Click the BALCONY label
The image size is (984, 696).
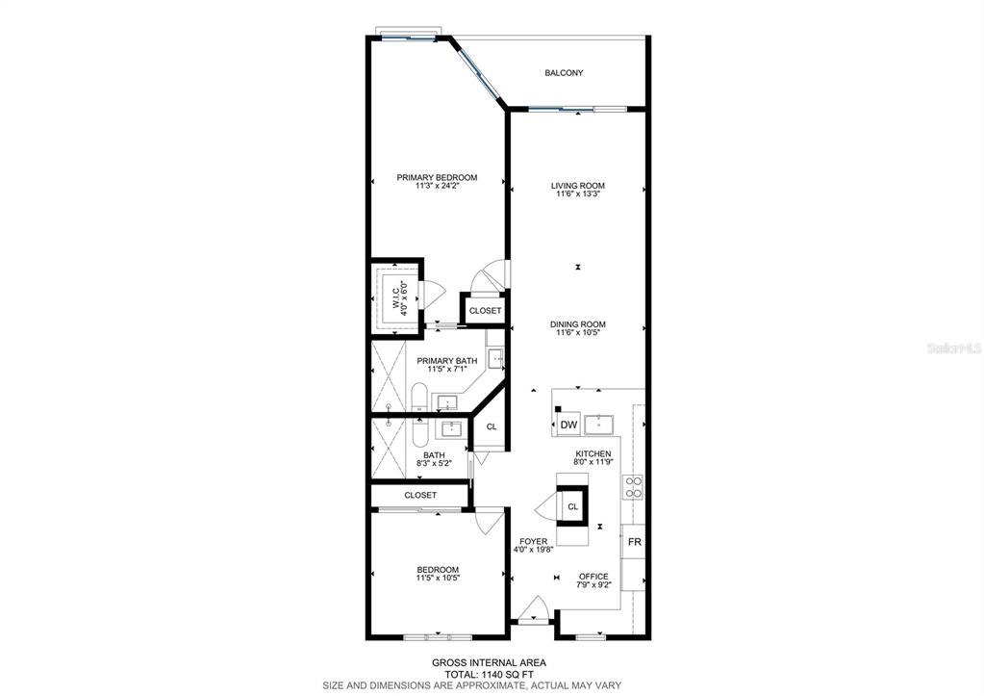pyautogui.click(x=564, y=73)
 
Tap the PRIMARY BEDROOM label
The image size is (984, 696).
pyautogui.click(x=437, y=178)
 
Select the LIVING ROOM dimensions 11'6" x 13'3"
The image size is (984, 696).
pyautogui.click(x=577, y=194)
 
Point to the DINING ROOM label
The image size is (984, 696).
pyautogui.click(x=578, y=324)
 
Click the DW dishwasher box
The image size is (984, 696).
pyautogui.click(x=568, y=425)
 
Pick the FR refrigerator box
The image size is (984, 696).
pyautogui.click(x=634, y=541)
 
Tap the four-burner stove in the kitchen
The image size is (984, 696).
pyautogui.click(x=633, y=487)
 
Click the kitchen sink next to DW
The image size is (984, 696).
pyautogui.click(x=598, y=425)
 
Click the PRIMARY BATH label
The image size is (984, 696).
pyautogui.click(x=447, y=361)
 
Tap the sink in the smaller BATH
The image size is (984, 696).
pyautogui.click(x=451, y=429)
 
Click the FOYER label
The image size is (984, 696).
pyautogui.click(x=534, y=541)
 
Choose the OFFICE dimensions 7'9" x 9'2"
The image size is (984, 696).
pyautogui.click(x=593, y=585)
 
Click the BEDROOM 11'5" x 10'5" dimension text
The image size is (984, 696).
pyautogui.click(x=438, y=578)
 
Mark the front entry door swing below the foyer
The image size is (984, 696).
pyautogui.click(x=534, y=608)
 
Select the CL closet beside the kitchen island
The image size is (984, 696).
pyautogui.click(x=572, y=506)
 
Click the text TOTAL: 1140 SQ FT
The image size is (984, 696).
pyautogui.click(x=489, y=674)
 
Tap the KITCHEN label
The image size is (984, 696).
pyautogui.click(x=593, y=453)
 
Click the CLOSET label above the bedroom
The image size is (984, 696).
pyautogui.click(x=420, y=495)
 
